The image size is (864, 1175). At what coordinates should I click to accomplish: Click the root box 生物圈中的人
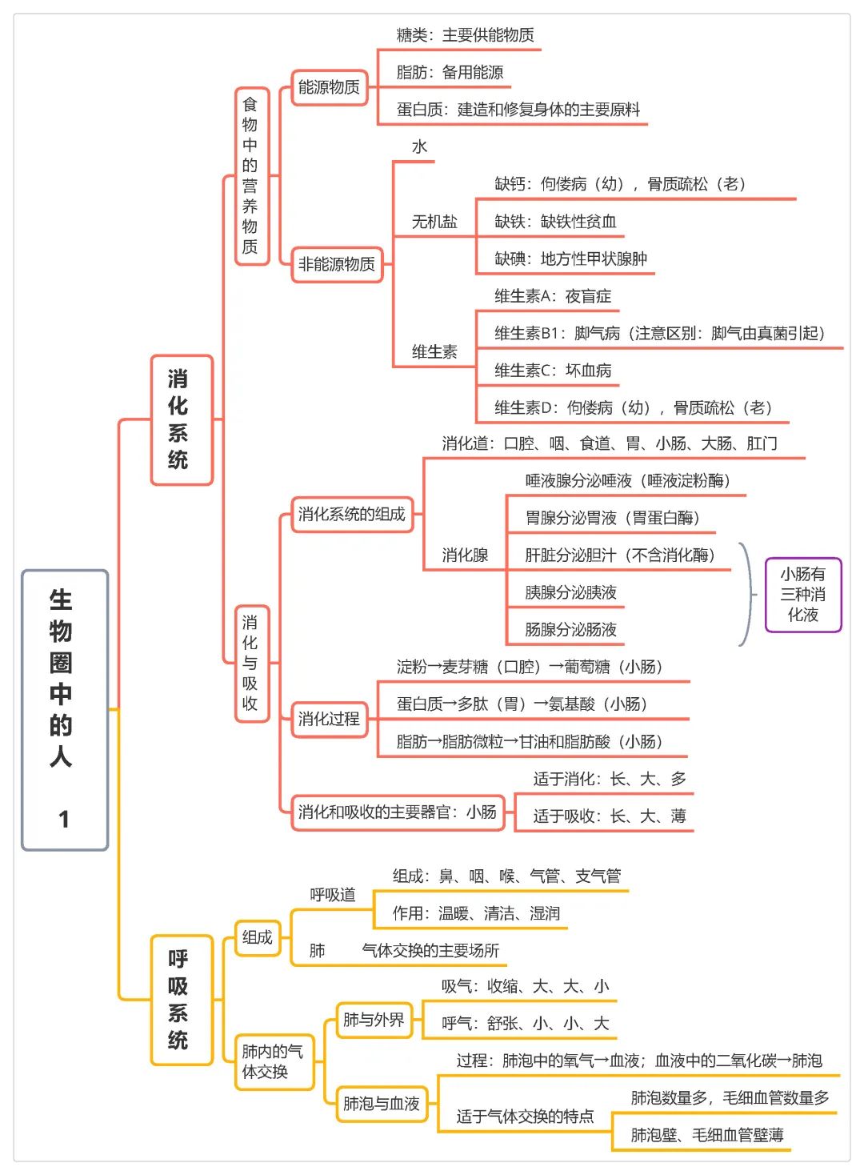point(65,710)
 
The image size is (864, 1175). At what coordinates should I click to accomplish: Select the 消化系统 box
point(182,419)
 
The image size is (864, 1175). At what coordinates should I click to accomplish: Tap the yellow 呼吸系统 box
point(182,1000)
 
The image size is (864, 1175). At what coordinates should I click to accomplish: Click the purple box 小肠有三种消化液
point(802,595)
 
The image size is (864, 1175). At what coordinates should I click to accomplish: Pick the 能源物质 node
point(330,87)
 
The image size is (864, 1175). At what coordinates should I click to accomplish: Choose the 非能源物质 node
point(337,264)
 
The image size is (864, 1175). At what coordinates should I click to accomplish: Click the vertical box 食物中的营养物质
point(252,176)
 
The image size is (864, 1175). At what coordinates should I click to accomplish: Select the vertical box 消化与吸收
point(252,663)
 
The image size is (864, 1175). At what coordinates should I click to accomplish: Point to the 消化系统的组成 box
point(352,515)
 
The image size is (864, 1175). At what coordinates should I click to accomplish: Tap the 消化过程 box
point(330,719)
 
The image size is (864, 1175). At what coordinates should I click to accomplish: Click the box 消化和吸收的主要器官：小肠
point(398,812)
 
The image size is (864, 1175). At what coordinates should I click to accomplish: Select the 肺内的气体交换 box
point(274,1061)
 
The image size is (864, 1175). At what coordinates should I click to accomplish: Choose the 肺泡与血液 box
point(382,1104)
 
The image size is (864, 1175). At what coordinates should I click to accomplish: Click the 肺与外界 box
point(374,1020)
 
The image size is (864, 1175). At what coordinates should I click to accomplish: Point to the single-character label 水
point(419,147)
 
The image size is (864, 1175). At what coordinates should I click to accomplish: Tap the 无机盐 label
point(434,222)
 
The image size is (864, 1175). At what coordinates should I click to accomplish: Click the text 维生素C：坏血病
point(553,371)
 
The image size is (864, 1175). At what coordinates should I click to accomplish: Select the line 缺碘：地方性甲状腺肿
point(571,259)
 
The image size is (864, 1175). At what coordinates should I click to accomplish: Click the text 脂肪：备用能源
point(450,72)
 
